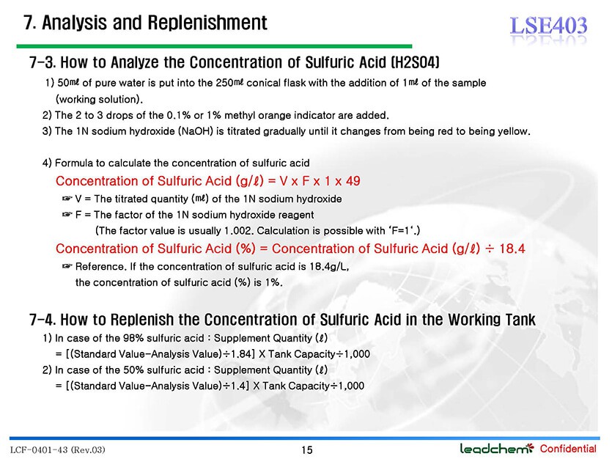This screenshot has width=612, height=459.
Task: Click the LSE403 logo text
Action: [548, 26]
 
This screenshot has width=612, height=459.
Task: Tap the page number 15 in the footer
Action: [307, 450]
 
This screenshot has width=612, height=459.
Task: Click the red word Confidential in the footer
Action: [568, 449]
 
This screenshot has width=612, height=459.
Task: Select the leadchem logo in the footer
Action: [496, 449]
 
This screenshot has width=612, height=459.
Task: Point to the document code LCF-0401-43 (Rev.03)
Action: [57, 450]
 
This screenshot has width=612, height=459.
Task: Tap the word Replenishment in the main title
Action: [207, 23]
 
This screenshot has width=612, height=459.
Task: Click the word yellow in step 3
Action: [514, 131]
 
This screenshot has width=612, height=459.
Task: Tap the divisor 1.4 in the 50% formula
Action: [239, 386]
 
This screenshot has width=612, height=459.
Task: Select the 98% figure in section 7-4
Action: [133, 338]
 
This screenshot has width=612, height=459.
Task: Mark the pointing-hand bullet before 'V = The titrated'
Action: [67, 199]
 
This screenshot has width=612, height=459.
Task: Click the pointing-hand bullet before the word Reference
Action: [67, 266]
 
